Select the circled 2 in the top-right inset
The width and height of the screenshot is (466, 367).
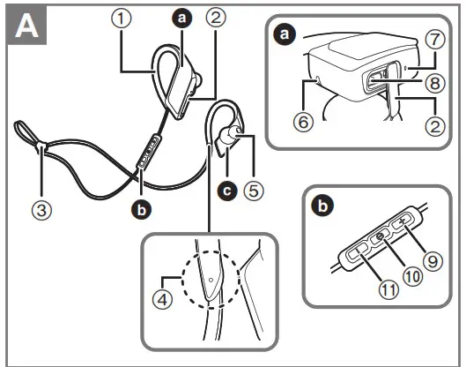tap(433, 124)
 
